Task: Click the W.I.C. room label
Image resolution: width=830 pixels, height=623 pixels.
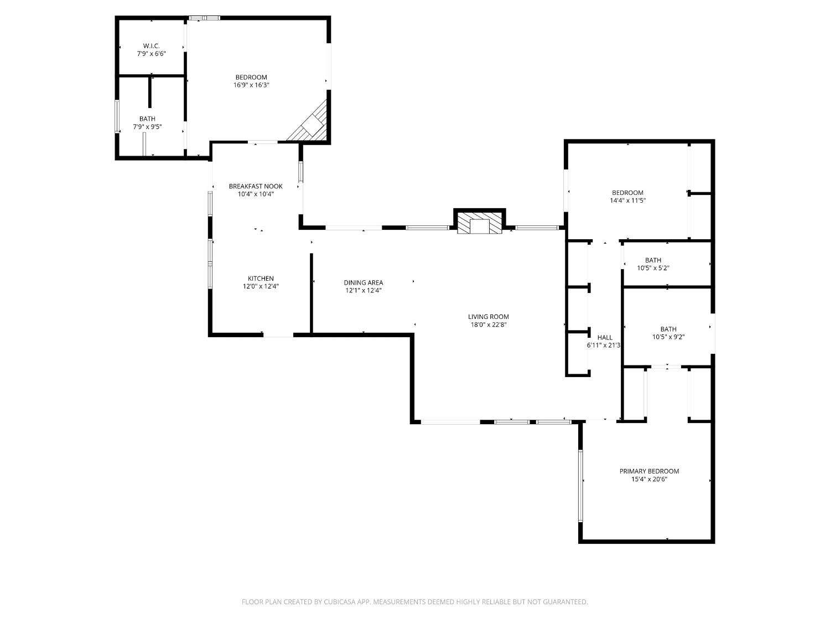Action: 151,45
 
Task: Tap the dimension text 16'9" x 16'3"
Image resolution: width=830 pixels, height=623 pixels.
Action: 251,85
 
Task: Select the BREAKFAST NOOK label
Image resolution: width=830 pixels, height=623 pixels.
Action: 256,186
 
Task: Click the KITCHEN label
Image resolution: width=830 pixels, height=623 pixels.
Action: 260,279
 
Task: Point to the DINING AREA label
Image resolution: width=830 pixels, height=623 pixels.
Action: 363,282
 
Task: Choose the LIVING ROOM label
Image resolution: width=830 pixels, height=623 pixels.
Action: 488,317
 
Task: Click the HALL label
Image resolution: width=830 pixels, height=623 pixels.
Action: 605,337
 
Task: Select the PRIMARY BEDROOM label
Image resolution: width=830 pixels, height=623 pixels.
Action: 649,471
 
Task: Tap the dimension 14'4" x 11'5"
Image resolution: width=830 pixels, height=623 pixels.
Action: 627,200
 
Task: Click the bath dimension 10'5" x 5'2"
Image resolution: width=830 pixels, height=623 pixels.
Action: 653,268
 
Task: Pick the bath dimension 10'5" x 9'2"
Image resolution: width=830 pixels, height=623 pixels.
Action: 668,337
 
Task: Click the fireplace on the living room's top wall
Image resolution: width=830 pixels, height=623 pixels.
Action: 480,222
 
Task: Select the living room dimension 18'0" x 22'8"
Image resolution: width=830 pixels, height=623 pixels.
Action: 488,325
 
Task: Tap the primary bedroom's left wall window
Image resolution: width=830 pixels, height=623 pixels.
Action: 580,486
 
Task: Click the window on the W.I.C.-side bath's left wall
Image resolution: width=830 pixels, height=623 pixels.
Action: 117,116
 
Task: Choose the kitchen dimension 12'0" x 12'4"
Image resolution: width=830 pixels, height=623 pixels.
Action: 260,286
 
